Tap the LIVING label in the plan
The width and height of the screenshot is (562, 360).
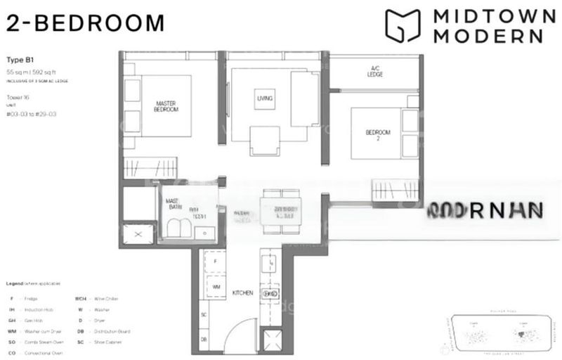coord(265,98)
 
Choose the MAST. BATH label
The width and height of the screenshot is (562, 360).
coord(173,203)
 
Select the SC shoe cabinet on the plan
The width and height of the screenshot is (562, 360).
coord(204,314)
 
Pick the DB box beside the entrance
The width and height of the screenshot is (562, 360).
coord(203,339)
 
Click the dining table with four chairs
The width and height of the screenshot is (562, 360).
coord(278,209)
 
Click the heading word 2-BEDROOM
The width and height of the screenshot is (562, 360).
coord(85,22)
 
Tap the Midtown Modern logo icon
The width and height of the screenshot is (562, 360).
coord(402,26)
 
